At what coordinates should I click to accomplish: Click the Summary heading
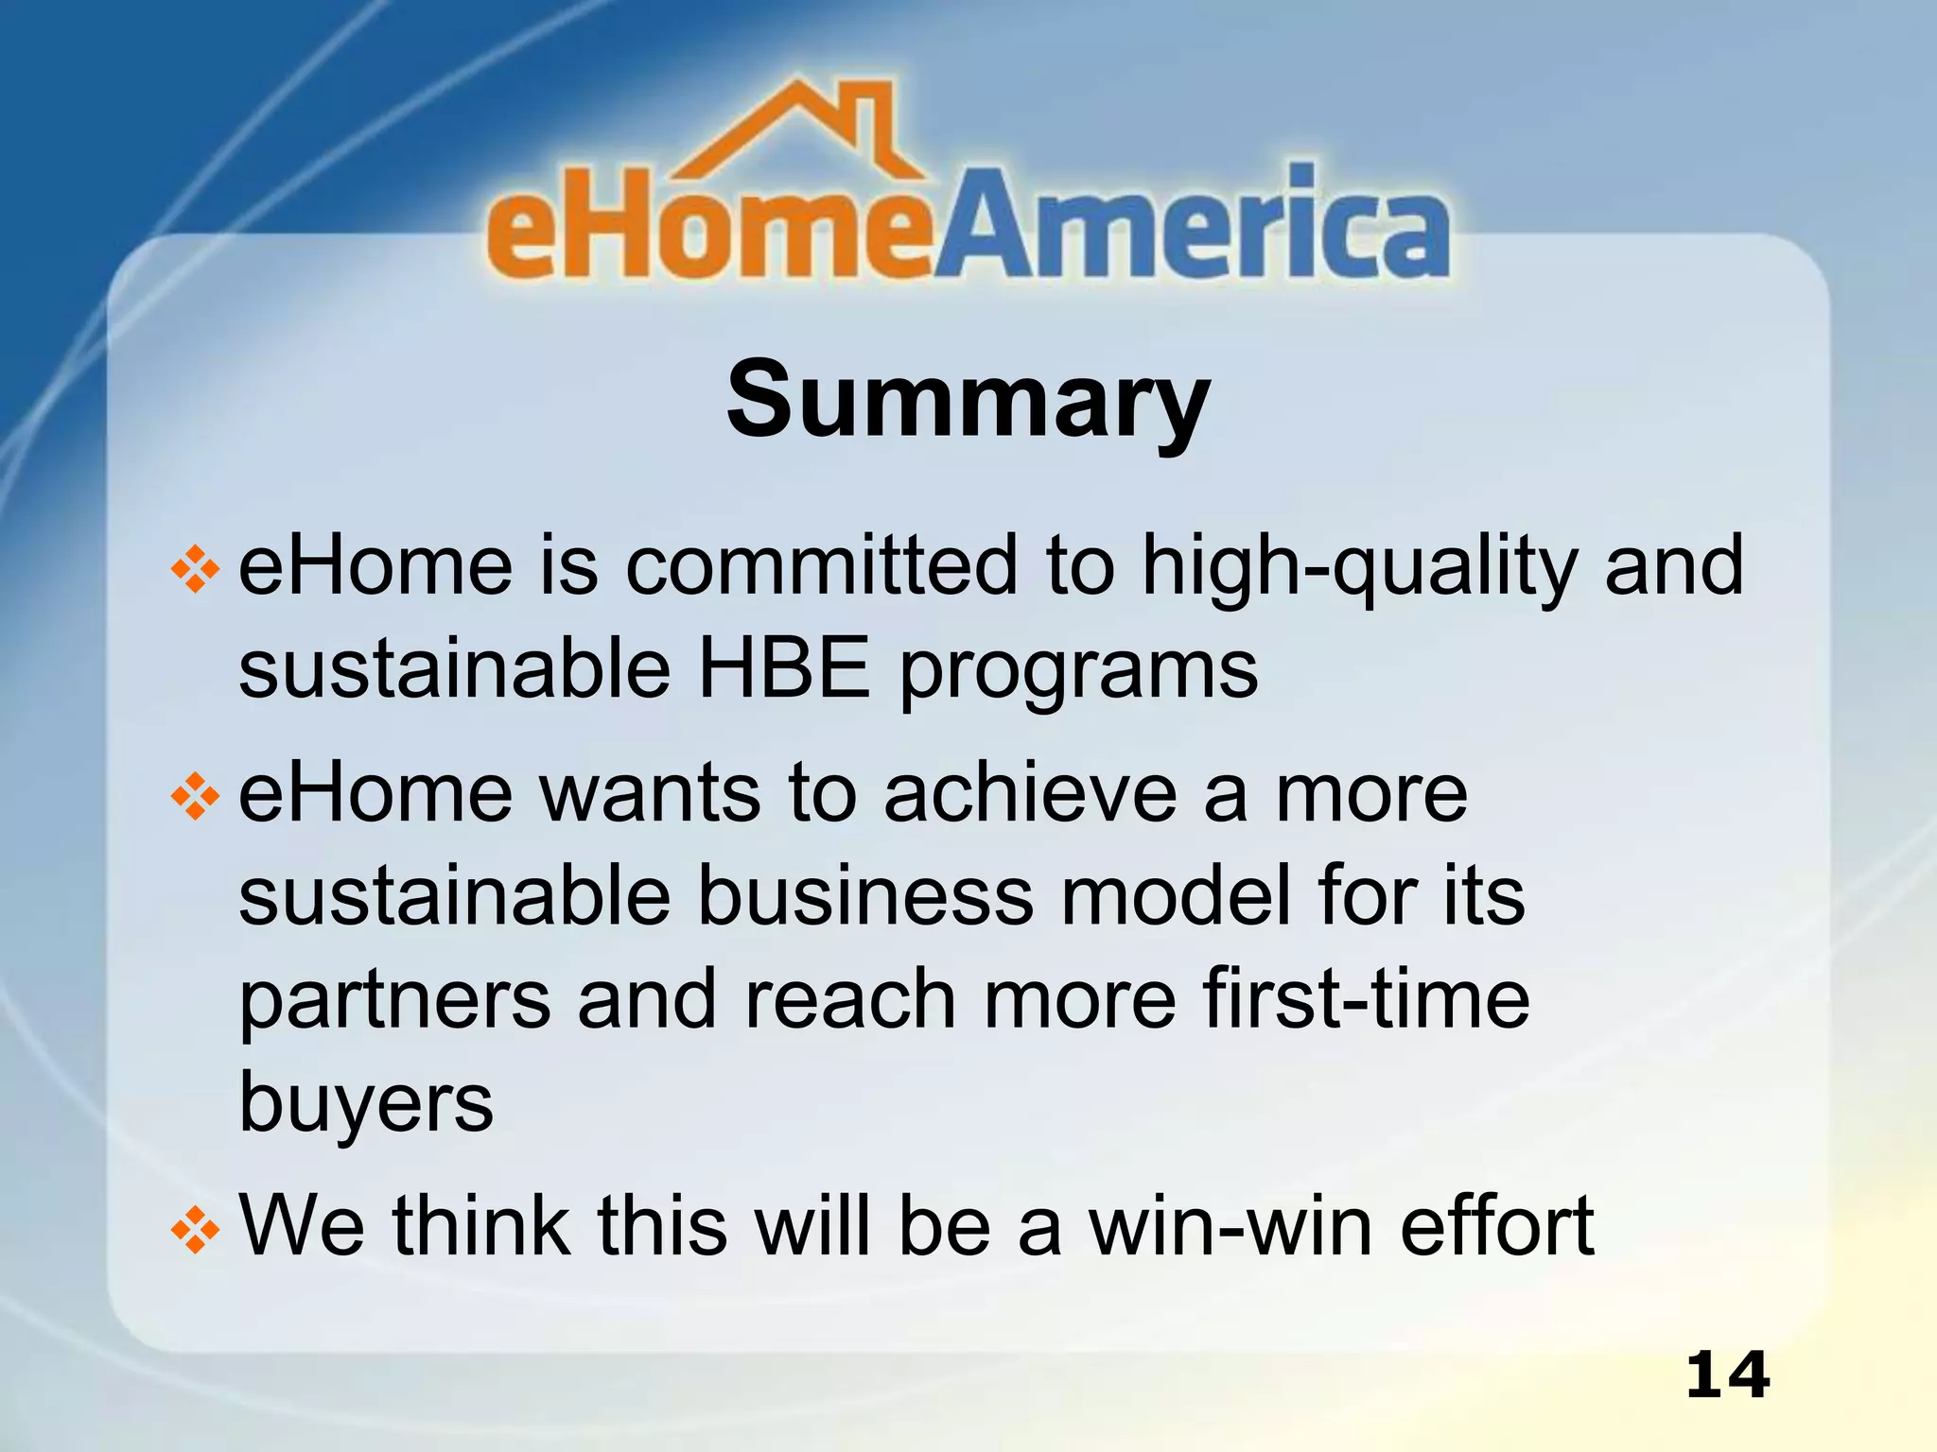(x=968, y=402)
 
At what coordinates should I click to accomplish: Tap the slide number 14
(x=1727, y=1375)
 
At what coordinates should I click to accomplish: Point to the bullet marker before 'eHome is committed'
(x=196, y=570)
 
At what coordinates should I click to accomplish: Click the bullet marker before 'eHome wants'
(x=196, y=797)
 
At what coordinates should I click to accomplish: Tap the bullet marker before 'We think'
(x=196, y=1230)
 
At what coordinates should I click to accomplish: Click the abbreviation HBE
(x=783, y=668)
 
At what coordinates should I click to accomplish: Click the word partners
(x=394, y=1002)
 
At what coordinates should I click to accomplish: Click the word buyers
(x=366, y=1104)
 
